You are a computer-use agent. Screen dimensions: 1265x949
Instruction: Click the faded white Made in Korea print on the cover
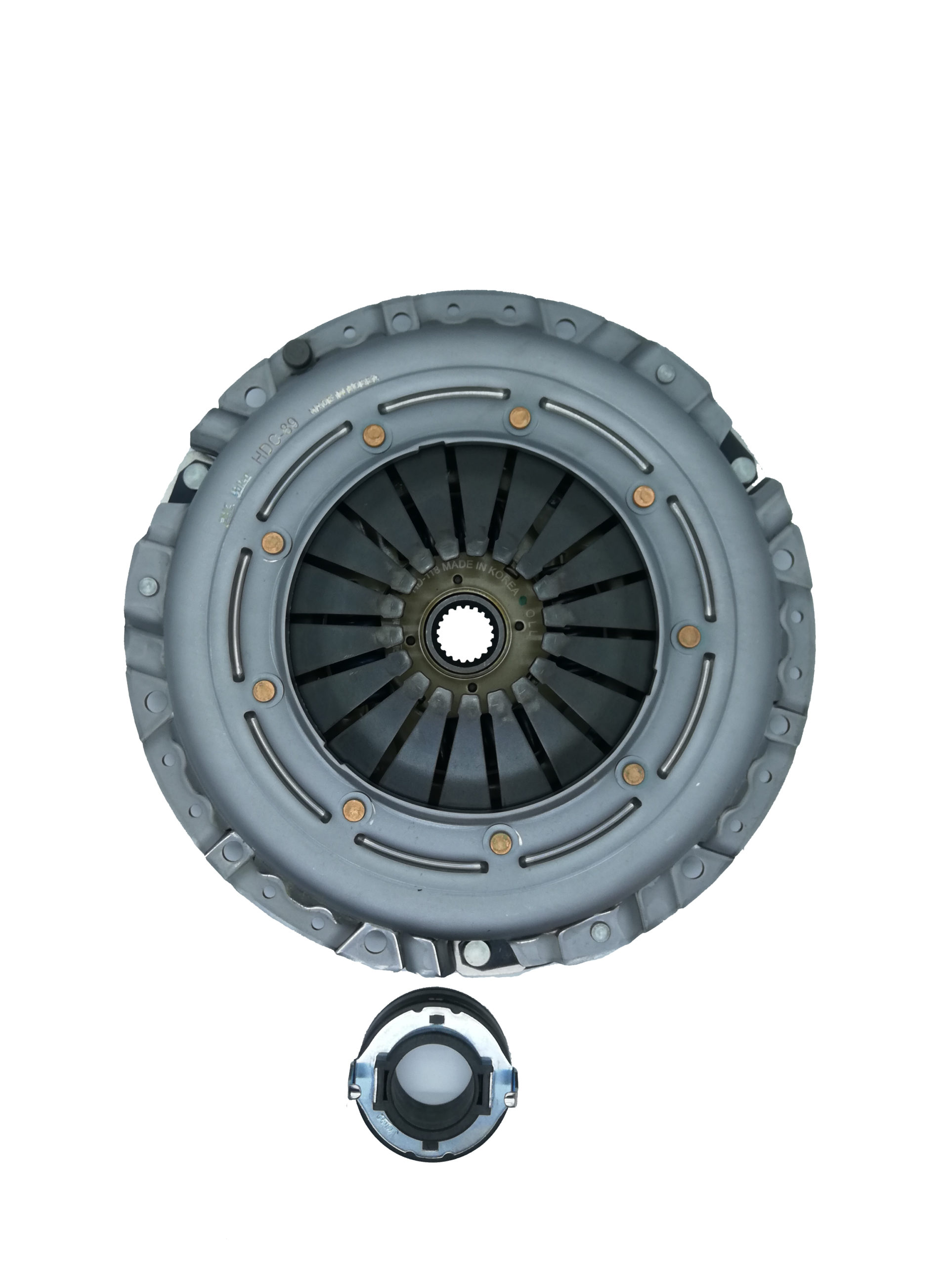click(343, 395)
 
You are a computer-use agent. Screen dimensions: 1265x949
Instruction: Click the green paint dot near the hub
click(521, 602)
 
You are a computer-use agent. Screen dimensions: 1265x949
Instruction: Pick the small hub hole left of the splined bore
click(409, 640)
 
